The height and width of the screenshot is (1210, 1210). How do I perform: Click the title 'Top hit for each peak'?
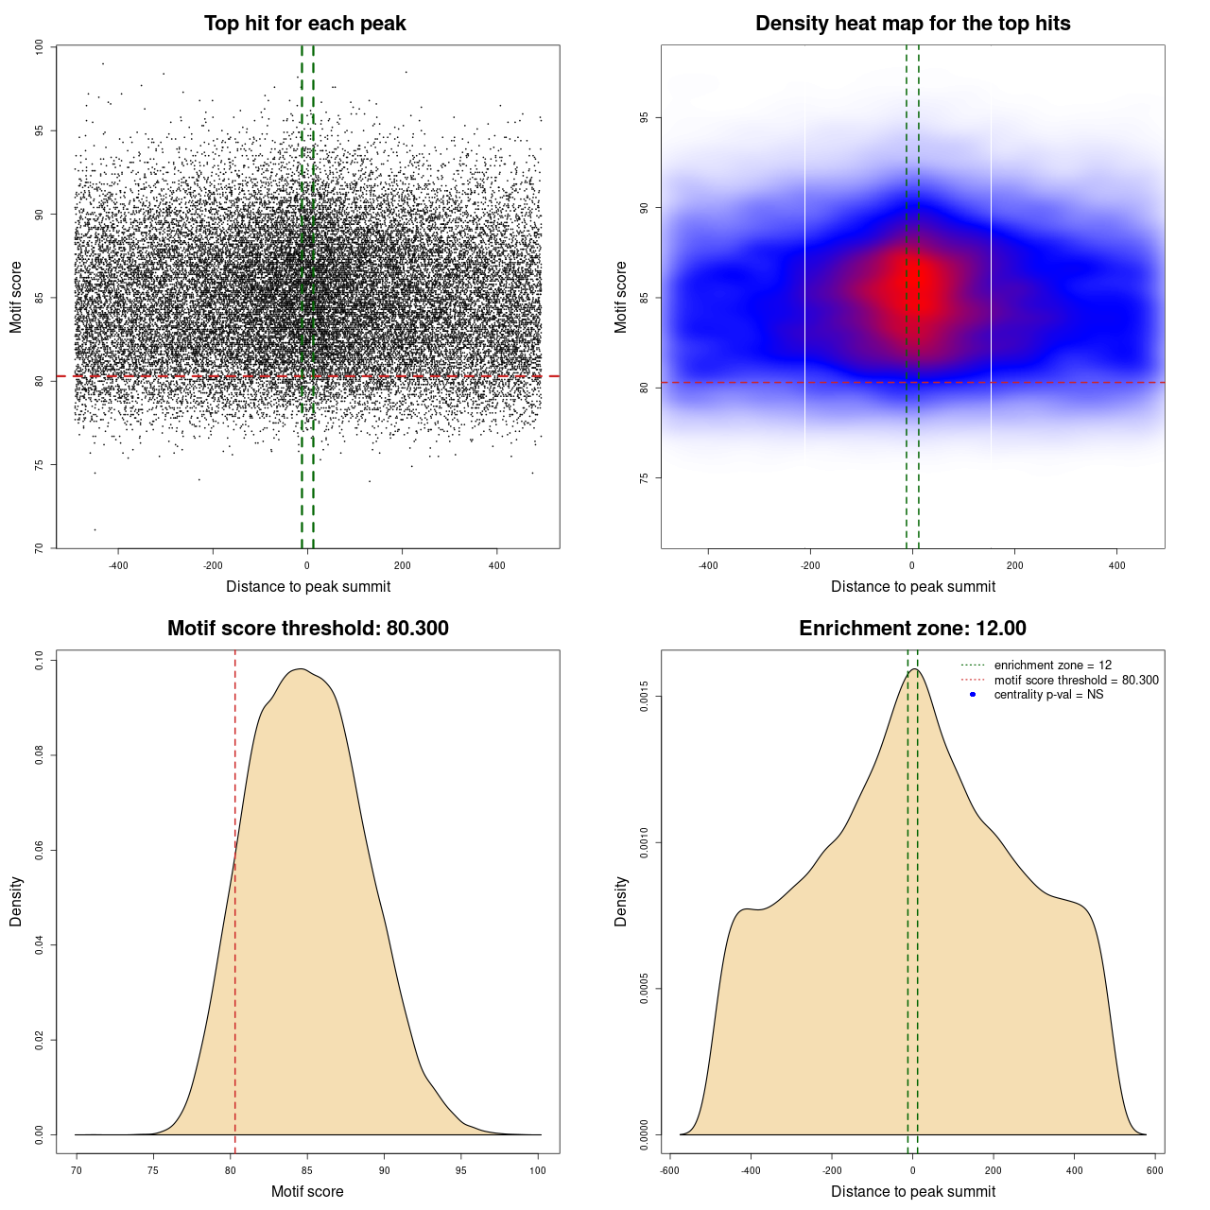pos(305,24)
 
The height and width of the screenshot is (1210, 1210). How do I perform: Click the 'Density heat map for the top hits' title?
pos(912,24)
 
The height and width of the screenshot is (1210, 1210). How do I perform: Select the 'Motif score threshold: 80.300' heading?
pos(307,629)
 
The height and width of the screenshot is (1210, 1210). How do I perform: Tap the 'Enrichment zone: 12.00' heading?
pos(912,629)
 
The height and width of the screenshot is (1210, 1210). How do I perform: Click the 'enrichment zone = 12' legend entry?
pos(1052,665)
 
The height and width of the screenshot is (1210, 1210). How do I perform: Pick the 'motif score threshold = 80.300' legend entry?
pos(1076,681)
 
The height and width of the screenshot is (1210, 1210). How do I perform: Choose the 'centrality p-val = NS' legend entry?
pos(1048,695)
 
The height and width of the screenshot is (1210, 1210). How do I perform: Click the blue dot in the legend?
pos(973,695)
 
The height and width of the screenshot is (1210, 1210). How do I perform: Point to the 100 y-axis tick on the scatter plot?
pos(39,46)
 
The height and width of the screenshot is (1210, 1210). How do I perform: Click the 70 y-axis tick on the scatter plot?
pos(39,547)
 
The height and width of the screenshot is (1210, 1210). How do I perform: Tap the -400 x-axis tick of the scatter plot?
pos(118,566)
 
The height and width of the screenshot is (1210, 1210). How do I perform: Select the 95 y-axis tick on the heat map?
pos(644,118)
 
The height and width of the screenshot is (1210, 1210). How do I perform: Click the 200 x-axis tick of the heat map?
pos(1014,566)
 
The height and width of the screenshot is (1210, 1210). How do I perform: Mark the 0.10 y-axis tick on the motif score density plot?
pos(39,660)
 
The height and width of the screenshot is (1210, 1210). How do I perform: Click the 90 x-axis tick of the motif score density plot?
pos(384,1171)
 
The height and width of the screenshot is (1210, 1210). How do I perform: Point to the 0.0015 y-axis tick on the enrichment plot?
pos(644,698)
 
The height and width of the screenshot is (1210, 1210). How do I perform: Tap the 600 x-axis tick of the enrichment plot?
pos(1154,1171)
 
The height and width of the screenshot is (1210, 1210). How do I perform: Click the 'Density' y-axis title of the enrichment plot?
pos(621,901)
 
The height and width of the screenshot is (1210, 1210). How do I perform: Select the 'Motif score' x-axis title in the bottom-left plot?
pos(307,1192)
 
